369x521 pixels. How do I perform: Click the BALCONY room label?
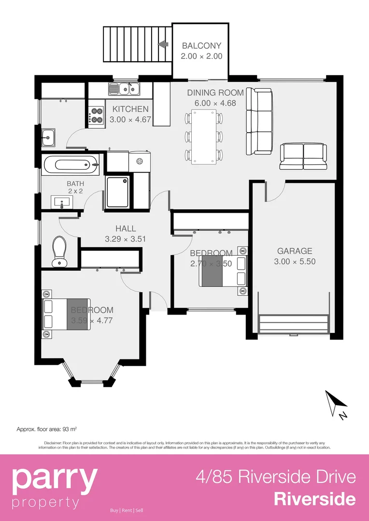[201, 46]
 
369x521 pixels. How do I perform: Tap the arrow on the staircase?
[163, 44]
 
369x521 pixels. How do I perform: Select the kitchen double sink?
[124, 88]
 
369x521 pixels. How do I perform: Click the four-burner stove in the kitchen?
[96, 114]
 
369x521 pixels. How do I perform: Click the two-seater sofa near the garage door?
[303, 156]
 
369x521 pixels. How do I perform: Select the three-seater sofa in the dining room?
[259, 121]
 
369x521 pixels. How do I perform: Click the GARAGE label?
[295, 251]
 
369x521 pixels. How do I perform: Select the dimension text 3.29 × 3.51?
[125, 238]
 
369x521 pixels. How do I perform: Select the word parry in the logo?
[54, 478]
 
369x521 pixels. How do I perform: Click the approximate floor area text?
[47, 428]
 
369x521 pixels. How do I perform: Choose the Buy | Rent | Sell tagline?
[127, 510]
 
